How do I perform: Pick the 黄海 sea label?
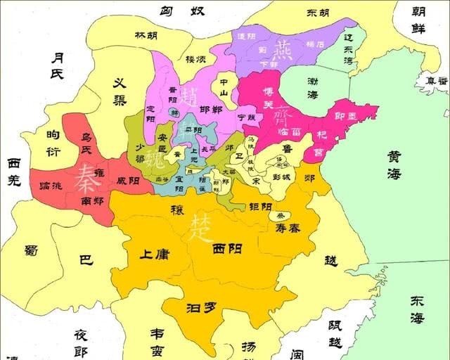pos(393,166)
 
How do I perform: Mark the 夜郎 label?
pos(82,343)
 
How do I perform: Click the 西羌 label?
pos(14,171)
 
